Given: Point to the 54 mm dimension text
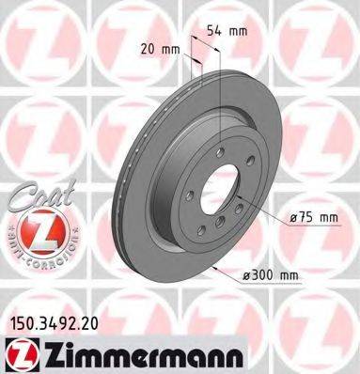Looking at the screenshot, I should click(x=232, y=30).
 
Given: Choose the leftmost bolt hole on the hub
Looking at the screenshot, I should click(x=192, y=198).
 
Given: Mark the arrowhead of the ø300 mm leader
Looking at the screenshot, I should click(x=217, y=271).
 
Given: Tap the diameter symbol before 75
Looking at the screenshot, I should click(x=291, y=217).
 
